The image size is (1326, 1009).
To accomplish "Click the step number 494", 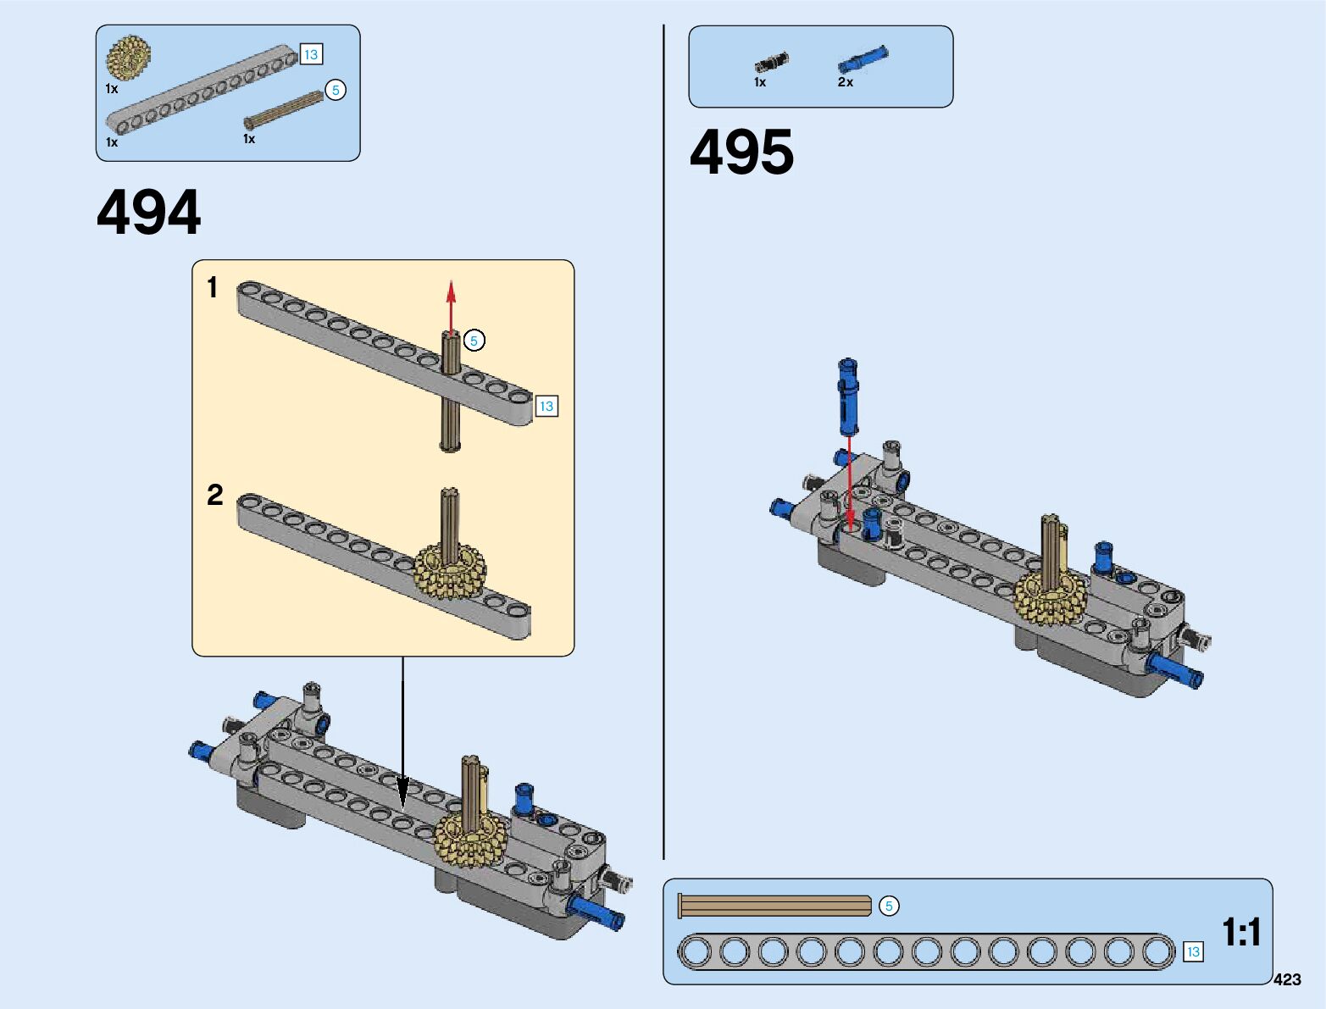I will (x=149, y=213).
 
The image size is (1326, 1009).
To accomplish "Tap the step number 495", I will (x=741, y=153).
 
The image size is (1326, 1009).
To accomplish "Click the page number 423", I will (x=1286, y=979).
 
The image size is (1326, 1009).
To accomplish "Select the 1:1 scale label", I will (x=1241, y=932).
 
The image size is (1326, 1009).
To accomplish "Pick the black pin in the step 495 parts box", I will (x=771, y=63).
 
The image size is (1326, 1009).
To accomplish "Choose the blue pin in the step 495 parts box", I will (x=863, y=59).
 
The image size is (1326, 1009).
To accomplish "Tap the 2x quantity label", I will (x=845, y=82).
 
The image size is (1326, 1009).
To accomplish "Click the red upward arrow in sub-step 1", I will (x=451, y=305).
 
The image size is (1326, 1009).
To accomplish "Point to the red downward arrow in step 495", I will (x=850, y=483).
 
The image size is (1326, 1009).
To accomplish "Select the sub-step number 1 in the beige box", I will (x=213, y=288).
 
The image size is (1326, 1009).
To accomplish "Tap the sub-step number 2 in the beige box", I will (x=214, y=495).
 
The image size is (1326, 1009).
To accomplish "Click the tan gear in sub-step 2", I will (x=450, y=573).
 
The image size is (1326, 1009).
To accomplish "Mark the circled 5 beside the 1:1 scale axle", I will (x=889, y=906).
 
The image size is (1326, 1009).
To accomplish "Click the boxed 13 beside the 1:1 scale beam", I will (x=1193, y=951).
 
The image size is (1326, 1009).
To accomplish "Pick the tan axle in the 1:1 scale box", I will (x=775, y=906).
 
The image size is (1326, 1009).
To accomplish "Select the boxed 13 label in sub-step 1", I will (x=546, y=407).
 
